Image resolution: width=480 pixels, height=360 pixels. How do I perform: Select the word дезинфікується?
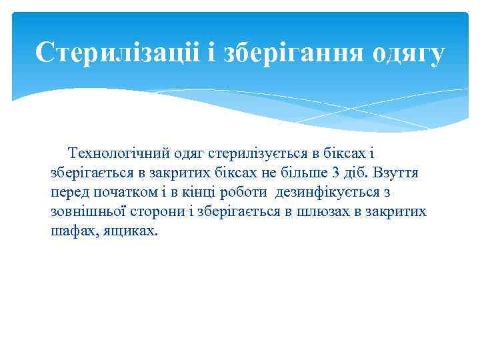coord(327,193)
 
